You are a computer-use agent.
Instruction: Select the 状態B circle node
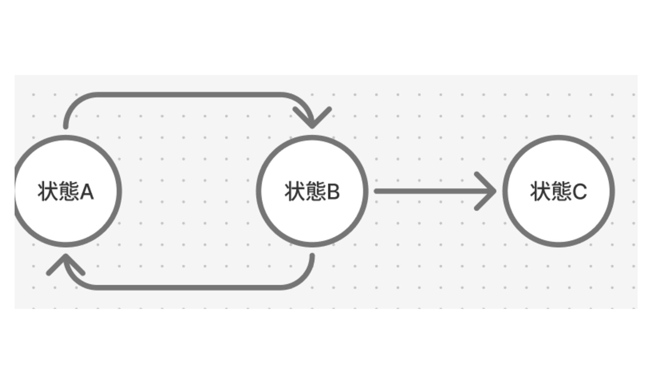(312, 217)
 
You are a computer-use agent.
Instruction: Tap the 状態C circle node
(559, 217)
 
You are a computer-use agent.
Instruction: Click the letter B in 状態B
(333, 192)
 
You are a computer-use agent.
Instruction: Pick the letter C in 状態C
(579, 192)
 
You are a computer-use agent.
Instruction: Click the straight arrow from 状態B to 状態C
(424, 191)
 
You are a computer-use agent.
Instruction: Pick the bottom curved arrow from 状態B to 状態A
(187, 288)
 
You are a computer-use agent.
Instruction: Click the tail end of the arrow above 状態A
(66, 126)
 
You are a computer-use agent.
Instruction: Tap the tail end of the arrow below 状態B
(312, 256)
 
